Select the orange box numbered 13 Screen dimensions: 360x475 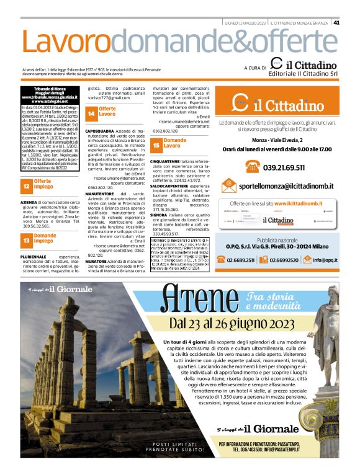coord(26,238)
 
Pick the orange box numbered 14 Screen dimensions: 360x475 coord(91,114)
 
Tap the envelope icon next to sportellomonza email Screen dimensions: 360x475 coord(229,185)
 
